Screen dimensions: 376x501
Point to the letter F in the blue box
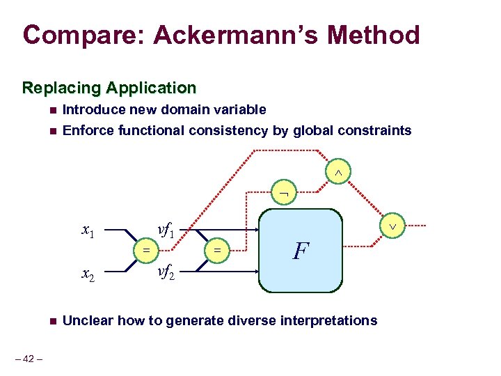click(299, 251)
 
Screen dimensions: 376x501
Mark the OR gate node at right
click(392, 226)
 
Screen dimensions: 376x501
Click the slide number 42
click(29, 359)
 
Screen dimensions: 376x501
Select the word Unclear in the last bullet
click(88, 320)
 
